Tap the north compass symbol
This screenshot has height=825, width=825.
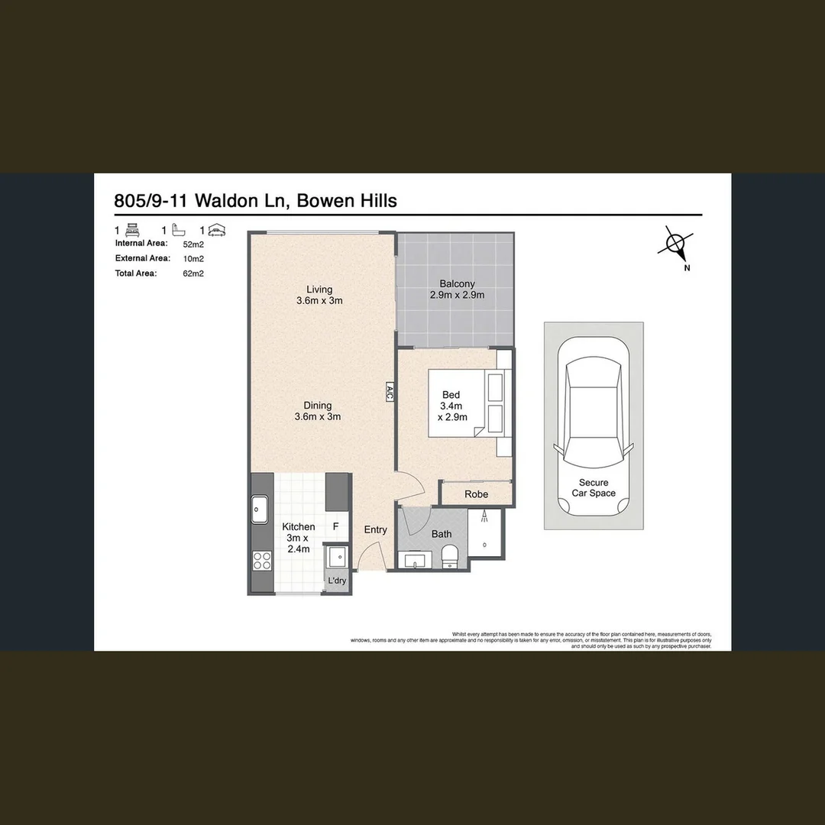(x=675, y=244)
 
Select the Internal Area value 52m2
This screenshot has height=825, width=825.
(x=192, y=244)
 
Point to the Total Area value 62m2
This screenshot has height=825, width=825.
(x=192, y=273)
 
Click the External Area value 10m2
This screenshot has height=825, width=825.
(x=192, y=259)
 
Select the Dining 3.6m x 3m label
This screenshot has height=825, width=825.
(x=317, y=411)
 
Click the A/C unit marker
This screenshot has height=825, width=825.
(x=389, y=393)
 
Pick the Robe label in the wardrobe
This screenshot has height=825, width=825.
(x=476, y=494)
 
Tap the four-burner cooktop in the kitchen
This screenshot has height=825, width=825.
(x=261, y=561)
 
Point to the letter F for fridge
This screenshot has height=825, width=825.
(x=335, y=527)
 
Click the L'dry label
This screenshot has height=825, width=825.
(x=337, y=581)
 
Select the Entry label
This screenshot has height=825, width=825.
(x=375, y=529)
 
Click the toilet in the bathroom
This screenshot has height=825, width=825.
(x=451, y=555)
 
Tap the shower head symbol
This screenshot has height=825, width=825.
(x=484, y=517)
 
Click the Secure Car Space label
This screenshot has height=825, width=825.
(x=594, y=488)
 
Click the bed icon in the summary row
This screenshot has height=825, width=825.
(x=131, y=229)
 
